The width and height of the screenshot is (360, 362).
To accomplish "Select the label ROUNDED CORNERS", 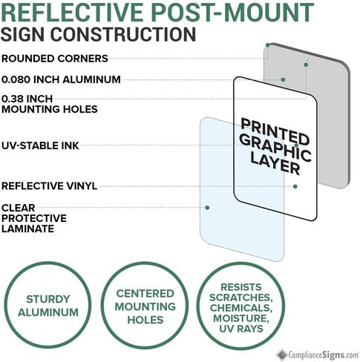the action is tap(55, 59).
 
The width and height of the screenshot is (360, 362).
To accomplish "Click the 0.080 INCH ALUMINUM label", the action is tap(61, 79).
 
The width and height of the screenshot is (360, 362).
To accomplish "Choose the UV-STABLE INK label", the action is tap(40, 145).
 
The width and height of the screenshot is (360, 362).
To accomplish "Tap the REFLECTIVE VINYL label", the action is tap(49, 186).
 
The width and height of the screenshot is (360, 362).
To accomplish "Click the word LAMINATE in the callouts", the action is tap(27, 228).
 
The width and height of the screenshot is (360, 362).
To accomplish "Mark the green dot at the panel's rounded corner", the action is tap(267, 45).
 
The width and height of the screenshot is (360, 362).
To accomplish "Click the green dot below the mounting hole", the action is tap(306, 65).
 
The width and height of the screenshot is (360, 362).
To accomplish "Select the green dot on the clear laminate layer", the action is tap(207, 208).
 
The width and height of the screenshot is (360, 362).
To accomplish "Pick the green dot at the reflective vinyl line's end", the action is tap(295, 186).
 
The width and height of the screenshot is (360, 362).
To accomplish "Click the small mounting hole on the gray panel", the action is tap(306, 59).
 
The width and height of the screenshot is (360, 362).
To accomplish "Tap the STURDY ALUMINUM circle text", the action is tap(48, 306).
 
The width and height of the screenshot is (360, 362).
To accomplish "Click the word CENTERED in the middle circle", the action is tap(145, 294).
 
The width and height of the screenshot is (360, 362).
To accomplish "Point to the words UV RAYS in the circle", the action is tap(241, 329).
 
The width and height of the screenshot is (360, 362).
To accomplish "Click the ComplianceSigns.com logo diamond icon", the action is tap(282, 355).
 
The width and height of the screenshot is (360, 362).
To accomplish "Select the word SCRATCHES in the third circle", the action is tap(241, 297).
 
